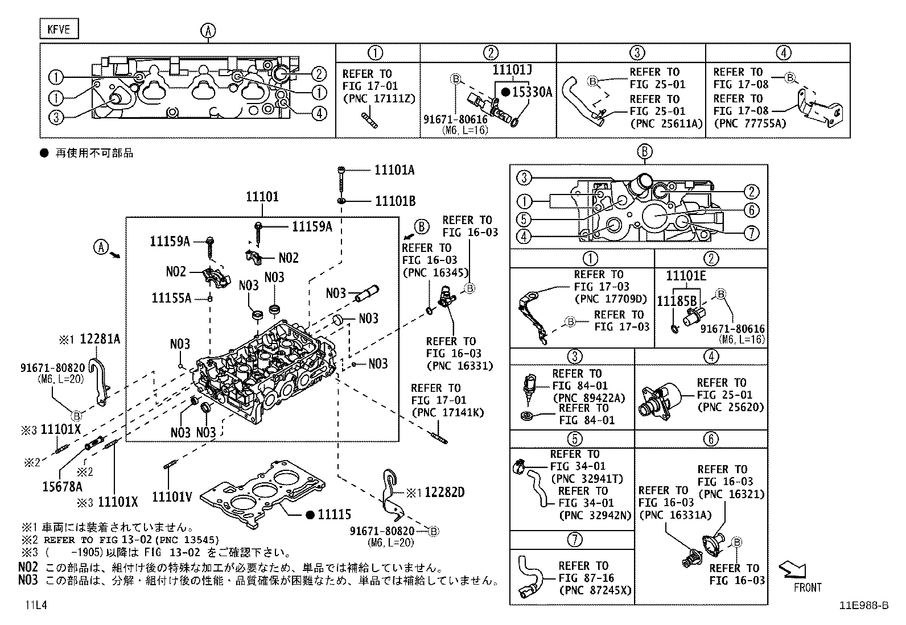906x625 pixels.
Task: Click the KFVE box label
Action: pyautogui.click(x=59, y=29)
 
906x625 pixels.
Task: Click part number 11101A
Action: pyautogui.click(x=394, y=169)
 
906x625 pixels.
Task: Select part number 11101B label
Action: pyautogui.click(x=394, y=201)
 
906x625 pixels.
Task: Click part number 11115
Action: pyautogui.click(x=334, y=514)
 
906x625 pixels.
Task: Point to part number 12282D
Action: pyautogui.click(x=444, y=492)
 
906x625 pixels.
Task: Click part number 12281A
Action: pyautogui.click(x=100, y=339)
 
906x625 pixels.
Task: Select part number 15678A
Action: pyautogui.click(x=62, y=486)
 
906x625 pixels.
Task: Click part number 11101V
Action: pyautogui.click(x=172, y=498)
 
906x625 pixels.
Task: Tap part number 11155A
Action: pyautogui.click(x=171, y=297)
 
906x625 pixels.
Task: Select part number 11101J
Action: pyautogui.click(x=512, y=70)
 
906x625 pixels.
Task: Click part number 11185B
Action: pyautogui.click(x=677, y=301)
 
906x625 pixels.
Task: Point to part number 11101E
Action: pyautogui.click(x=686, y=276)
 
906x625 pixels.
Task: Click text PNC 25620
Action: pyautogui.click(x=730, y=407)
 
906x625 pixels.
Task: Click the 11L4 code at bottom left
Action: pyautogui.click(x=35, y=606)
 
